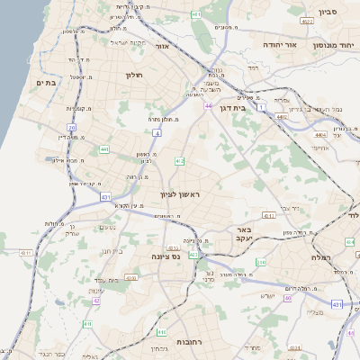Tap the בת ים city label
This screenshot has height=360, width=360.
click(x=46, y=82)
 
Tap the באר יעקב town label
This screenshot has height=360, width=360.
click(x=240, y=234)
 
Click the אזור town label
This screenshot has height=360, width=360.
click(x=162, y=45)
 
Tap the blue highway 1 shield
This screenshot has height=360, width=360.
click(x=261, y=107)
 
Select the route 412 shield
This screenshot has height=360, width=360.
click(x=179, y=161)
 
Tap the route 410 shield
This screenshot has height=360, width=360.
click(x=262, y=263)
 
